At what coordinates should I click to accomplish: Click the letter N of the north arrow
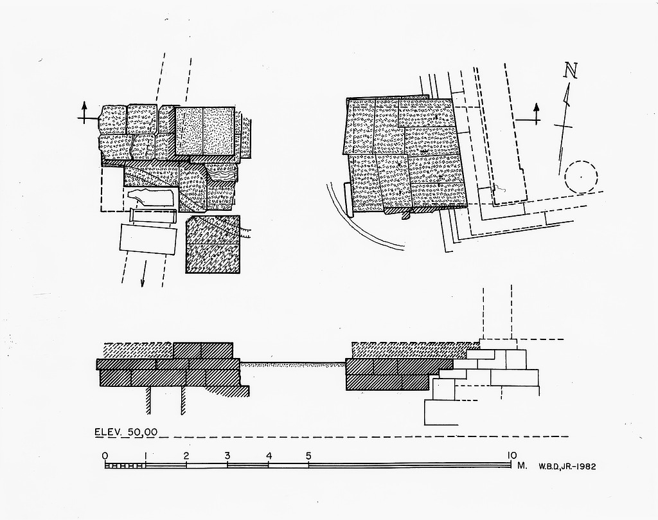point(569,71)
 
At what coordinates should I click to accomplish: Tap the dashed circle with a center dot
point(581,175)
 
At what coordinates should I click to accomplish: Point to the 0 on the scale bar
point(105,456)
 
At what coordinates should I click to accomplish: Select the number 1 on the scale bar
point(146,456)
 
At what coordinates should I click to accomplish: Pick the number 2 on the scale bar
point(186,456)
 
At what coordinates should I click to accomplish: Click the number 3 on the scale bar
point(227,456)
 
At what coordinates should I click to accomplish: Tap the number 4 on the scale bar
point(269,456)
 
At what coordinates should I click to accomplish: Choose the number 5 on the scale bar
point(309,456)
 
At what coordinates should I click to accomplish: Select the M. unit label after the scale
point(522,465)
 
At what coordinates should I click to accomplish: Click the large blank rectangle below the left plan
point(148,240)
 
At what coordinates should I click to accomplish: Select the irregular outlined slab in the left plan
point(151,197)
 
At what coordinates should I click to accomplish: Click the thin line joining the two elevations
point(292,364)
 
